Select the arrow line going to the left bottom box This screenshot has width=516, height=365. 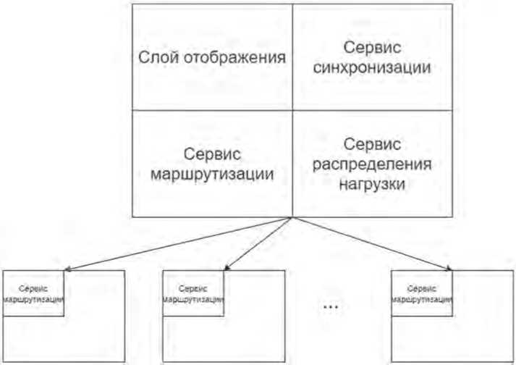pyautogui.click(x=181, y=243)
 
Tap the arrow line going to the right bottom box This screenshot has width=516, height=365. pyautogui.click(x=369, y=243)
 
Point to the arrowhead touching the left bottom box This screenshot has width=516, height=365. pyautogui.click(x=67, y=270)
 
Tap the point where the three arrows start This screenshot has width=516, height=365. pyautogui.click(x=291, y=217)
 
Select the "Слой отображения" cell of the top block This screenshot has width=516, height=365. pyautogui.click(x=211, y=57)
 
